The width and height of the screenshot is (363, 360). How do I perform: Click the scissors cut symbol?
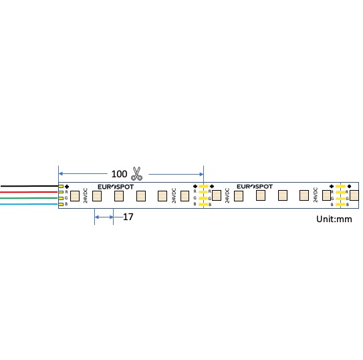[x=137, y=173]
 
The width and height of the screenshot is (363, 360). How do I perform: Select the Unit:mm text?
[x=334, y=219]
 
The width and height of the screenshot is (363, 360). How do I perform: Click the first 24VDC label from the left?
[x=86, y=195]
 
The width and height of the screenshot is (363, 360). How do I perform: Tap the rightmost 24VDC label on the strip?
[x=315, y=195]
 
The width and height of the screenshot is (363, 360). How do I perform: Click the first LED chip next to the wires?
[x=74, y=196]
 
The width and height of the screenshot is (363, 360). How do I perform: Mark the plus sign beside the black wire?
[x=68, y=186]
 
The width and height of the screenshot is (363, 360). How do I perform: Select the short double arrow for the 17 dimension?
[x=104, y=216]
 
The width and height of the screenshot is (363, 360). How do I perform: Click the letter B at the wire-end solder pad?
[x=66, y=204]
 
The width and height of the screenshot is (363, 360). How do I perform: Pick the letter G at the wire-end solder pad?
[x=66, y=198]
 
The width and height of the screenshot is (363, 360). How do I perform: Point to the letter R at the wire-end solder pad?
[x=66, y=192]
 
